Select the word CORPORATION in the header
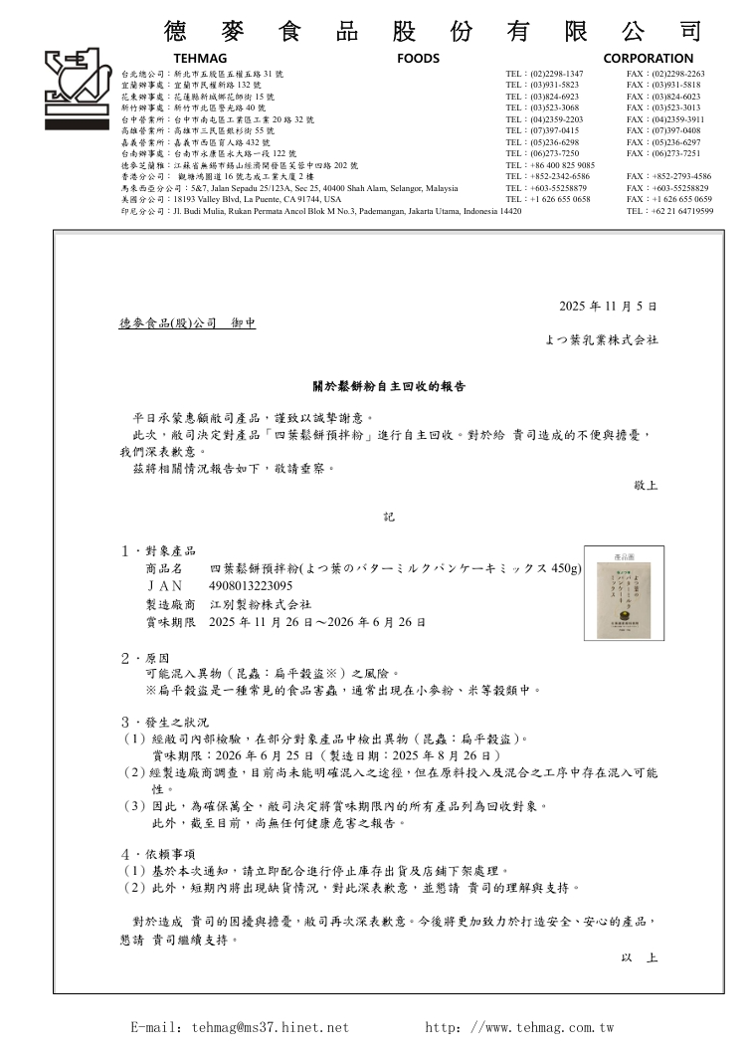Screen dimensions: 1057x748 (x=648, y=59)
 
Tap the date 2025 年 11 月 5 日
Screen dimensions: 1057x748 (x=609, y=307)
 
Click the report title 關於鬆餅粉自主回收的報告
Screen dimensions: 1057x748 (x=389, y=386)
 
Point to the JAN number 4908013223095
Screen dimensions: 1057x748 (x=251, y=586)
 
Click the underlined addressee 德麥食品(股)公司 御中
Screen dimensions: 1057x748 (x=187, y=323)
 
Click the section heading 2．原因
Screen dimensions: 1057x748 (x=145, y=658)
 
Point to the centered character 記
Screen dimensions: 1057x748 (x=389, y=517)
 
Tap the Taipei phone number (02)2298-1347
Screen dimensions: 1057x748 (x=558, y=75)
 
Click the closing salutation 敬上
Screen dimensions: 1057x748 (x=646, y=486)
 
